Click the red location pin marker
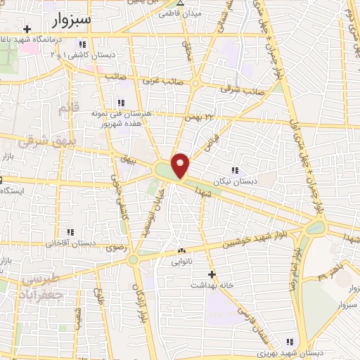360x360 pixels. click(181, 165)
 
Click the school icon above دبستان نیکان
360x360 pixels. click(234, 169)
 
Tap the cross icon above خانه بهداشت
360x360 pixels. click(212, 274)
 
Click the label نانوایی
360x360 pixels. click(182, 261)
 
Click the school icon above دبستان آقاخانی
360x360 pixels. click(70, 232)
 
